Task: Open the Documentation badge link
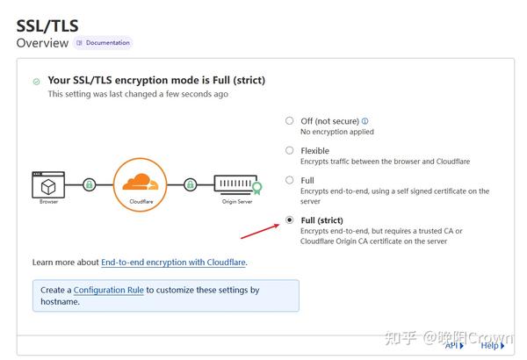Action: [103, 42]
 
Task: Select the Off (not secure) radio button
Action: [290, 121]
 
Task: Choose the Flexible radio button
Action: [290, 150]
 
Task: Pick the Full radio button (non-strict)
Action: [290, 180]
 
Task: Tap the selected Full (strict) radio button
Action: [290, 220]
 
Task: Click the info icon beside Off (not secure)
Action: [365, 121]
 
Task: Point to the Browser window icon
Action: [48, 184]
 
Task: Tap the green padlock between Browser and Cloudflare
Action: [89, 185]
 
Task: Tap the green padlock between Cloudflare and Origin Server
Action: [190, 185]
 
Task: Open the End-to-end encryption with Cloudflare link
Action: [173, 263]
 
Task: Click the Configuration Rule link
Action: [109, 290]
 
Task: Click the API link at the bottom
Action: [453, 346]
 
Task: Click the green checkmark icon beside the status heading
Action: [36, 82]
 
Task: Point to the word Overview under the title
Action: [41, 42]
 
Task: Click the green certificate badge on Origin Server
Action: [256, 187]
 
